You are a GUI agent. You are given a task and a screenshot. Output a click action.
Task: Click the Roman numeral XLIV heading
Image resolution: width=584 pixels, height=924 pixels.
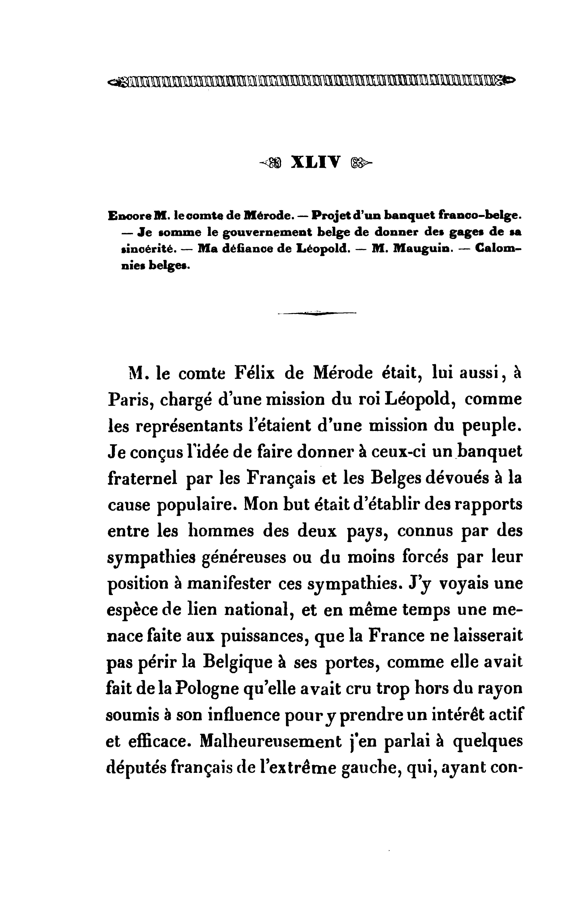click(x=316, y=162)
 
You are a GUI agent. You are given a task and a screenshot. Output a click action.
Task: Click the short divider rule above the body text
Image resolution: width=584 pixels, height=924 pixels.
click(x=317, y=313)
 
